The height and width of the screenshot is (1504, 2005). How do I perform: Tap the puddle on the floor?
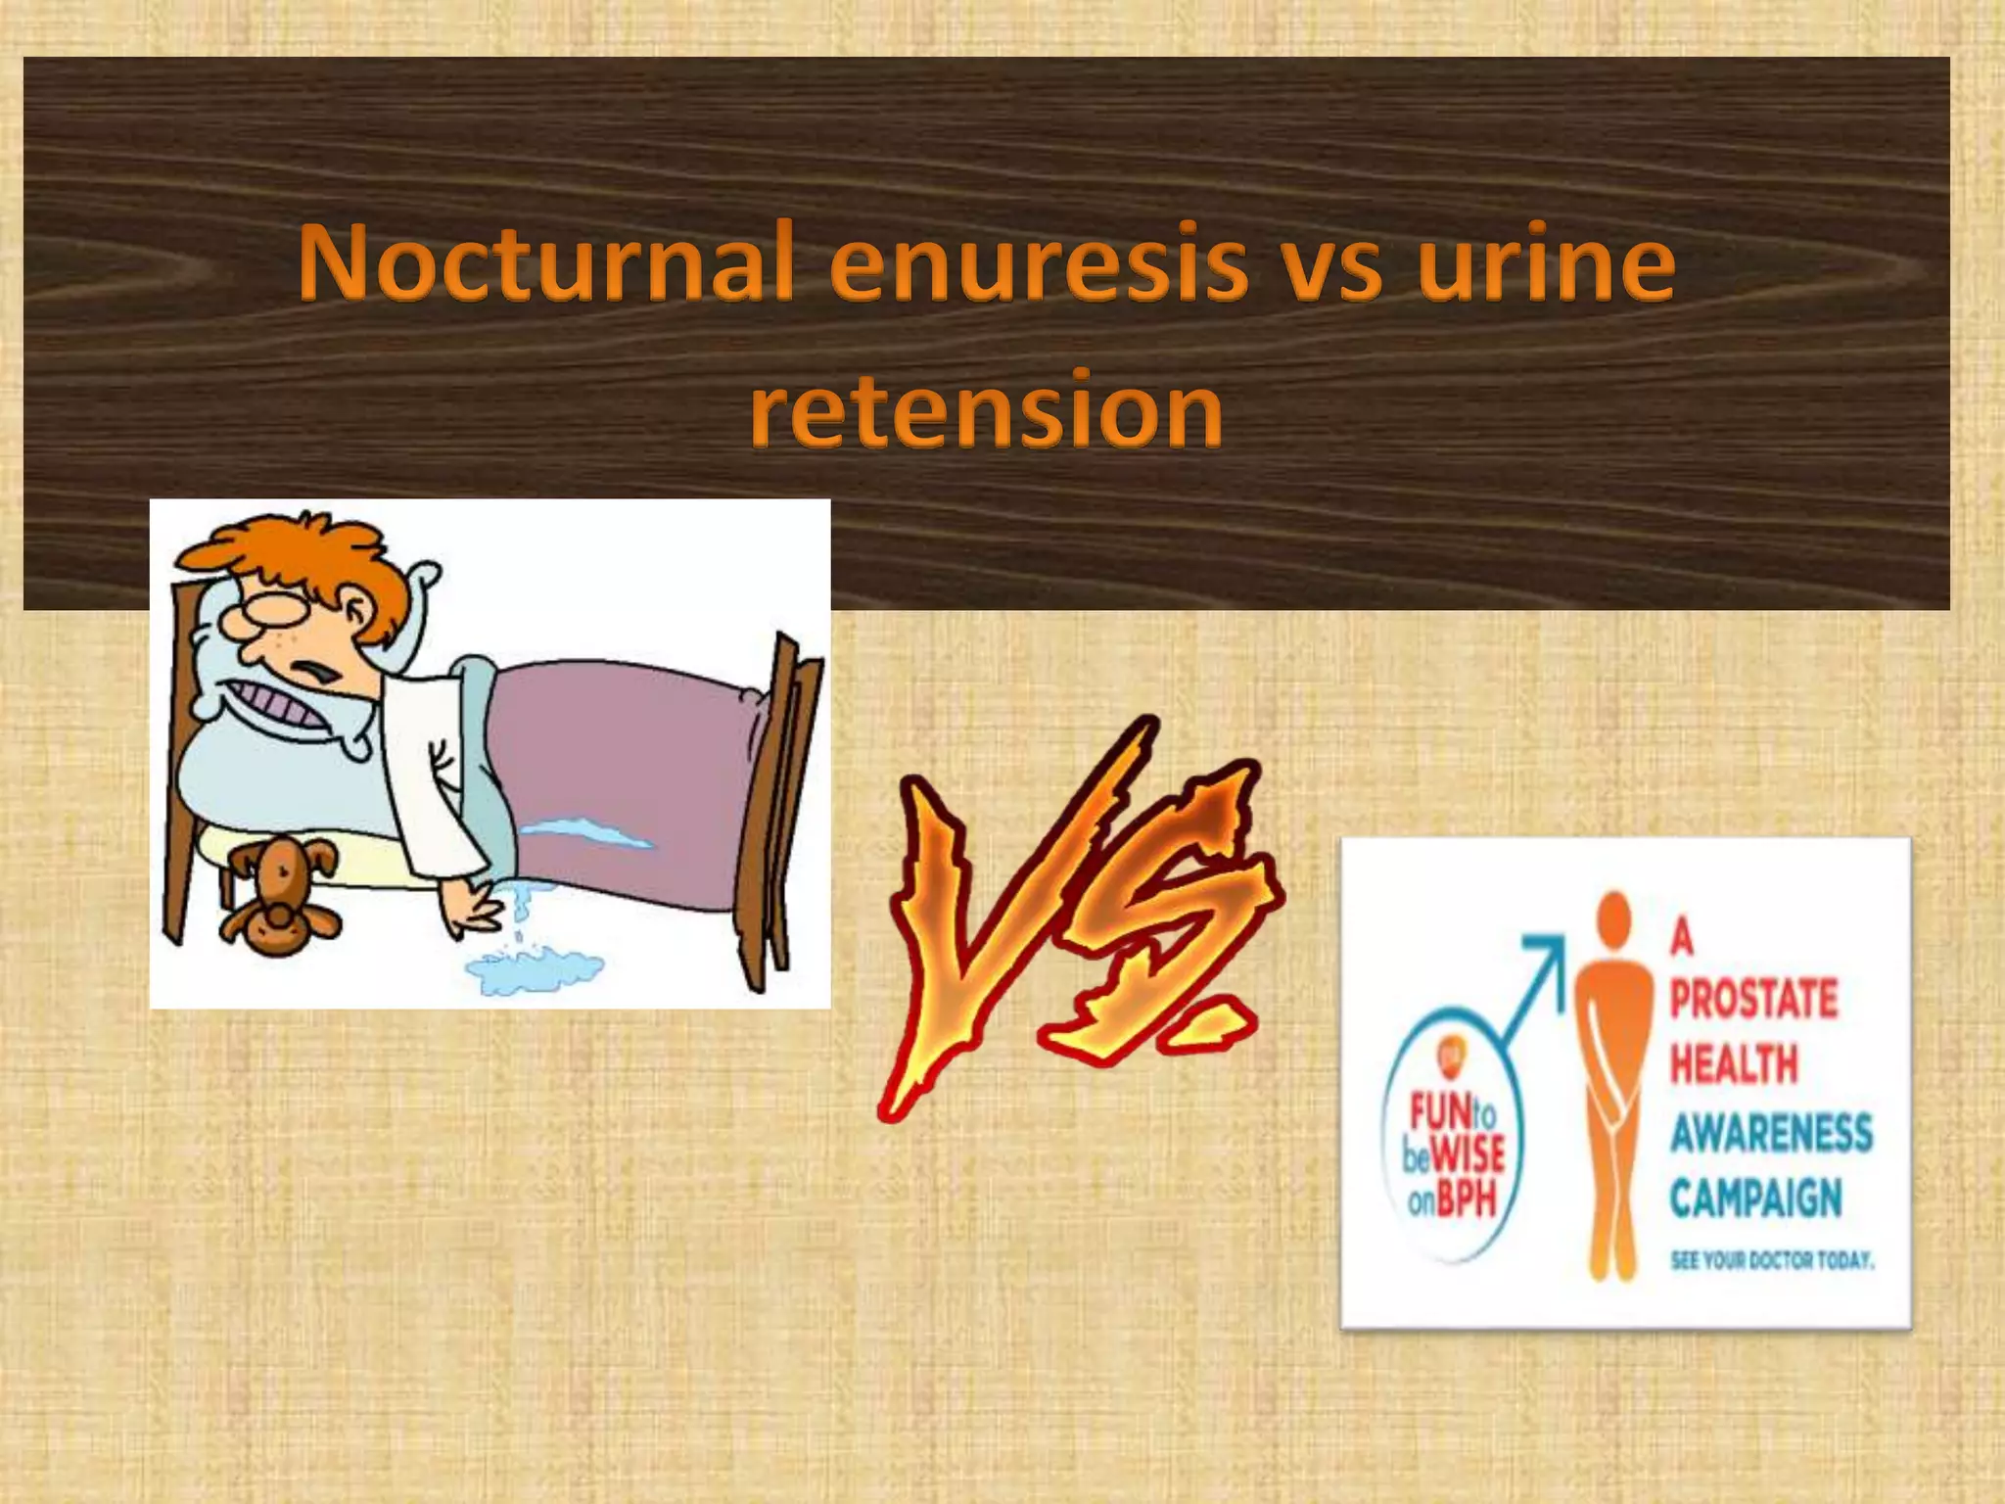pyautogui.click(x=535, y=969)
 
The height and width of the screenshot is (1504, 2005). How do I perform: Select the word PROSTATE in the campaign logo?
pyautogui.click(x=1753, y=1000)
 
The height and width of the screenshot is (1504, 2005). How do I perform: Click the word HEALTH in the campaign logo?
pyautogui.click(x=1734, y=1065)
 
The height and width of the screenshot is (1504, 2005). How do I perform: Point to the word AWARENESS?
pyautogui.click(x=1771, y=1134)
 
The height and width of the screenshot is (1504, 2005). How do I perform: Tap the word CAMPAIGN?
pyautogui.click(x=1755, y=1198)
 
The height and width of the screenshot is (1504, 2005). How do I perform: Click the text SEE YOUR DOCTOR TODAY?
pyautogui.click(x=1771, y=1260)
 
